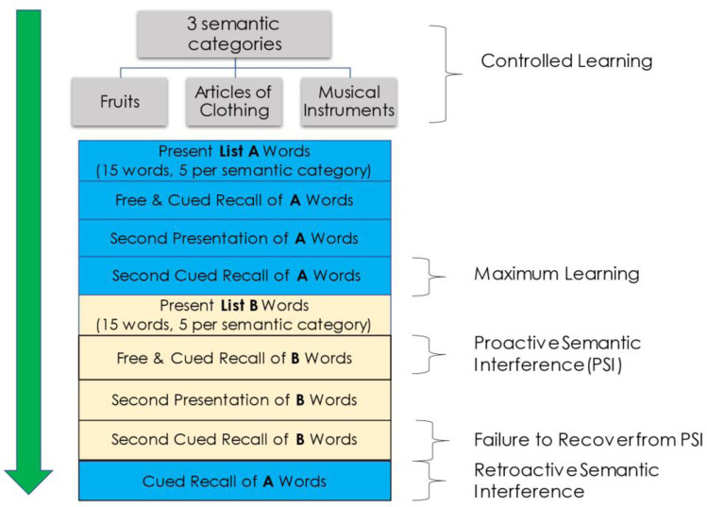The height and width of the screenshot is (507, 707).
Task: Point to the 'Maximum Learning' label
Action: [x=557, y=275]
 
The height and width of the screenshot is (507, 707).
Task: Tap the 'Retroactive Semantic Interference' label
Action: [x=566, y=481]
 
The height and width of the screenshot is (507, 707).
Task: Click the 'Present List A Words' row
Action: [x=234, y=161]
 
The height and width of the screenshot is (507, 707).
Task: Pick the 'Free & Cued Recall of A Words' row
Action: [x=234, y=200]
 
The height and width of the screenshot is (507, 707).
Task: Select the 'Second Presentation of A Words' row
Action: [x=234, y=238]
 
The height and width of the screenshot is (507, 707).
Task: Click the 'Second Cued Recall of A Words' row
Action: [x=234, y=276]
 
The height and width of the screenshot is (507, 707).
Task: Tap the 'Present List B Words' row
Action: [x=234, y=314]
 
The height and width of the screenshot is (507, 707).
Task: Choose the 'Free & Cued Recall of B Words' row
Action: [x=234, y=358]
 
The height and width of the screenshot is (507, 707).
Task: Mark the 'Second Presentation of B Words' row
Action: [x=234, y=399]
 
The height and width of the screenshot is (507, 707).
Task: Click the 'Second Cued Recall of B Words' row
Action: [x=234, y=439]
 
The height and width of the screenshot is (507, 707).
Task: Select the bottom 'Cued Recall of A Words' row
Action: [x=234, y=481]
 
